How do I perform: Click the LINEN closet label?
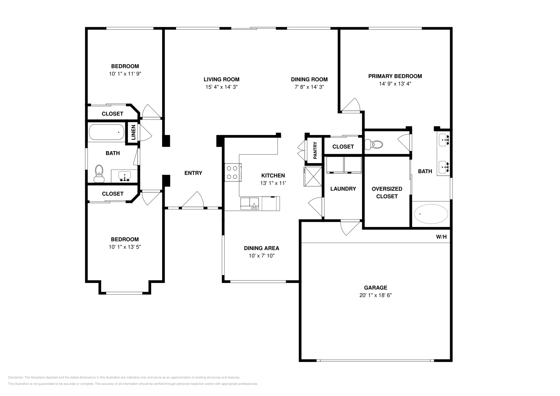click(x=133, y=133)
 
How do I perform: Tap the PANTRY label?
click(x=315, y=150)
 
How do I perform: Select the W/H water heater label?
click(x=441, y=237)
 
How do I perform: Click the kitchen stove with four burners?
click(x=232, y=172)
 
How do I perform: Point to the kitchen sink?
click(x=250, y=203)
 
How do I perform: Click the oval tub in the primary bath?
click(x=431, y=214)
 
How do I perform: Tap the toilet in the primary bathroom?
click(x=373, y=144)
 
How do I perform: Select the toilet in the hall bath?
click(x=99, y=174)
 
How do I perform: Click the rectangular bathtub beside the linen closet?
click(x=106, y=132)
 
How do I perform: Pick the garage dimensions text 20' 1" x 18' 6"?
click(x=376, y=295)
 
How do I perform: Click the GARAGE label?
click(x=376, y=288)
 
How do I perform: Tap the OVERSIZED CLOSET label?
click(x=387, y=192)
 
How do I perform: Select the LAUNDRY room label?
click(x=343, y=189)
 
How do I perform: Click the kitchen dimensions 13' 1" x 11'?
click(x=273, y=183)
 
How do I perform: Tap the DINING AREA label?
click(x=261, y=248)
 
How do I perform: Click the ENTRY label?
click(x=193, y=173)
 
